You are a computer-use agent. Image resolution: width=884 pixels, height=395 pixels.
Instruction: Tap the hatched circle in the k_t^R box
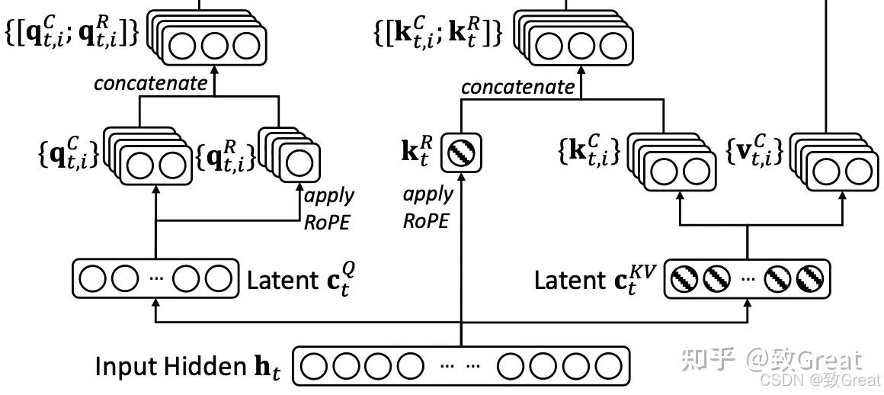(x=461, y=153)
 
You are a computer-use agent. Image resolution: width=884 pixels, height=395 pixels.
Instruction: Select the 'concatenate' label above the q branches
(x=151, y=83)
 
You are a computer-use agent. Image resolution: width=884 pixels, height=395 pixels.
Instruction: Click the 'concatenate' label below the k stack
(x=517, y=87)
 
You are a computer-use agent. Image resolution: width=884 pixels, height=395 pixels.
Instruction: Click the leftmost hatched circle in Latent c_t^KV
(x=685, y=279)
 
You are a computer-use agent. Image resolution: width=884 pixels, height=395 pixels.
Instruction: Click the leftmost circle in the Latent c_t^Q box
(x=92, y=279)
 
